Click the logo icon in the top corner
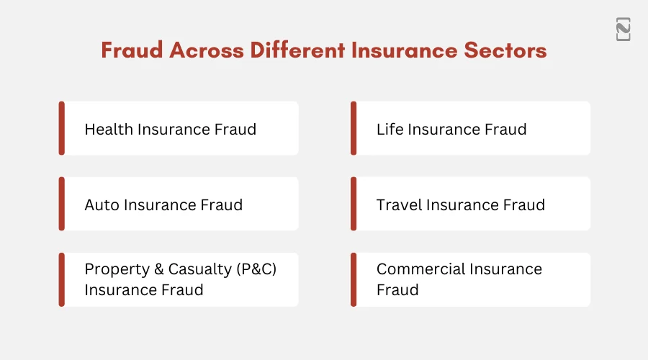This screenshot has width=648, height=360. click(624, 30)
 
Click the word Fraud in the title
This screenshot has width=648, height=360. click(127, 51)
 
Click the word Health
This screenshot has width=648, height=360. click(109, 130)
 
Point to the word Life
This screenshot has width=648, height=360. click(390, 130)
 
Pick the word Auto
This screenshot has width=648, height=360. click(102, 205)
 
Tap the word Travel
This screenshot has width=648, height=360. click(399, 205)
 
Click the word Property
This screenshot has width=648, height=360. click(115, 269)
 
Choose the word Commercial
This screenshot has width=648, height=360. click(420, 269)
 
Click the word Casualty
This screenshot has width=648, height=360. click(198, 269)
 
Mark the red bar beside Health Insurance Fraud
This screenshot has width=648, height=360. click(62, 128)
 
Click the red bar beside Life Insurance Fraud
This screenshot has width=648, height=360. click(354, 128)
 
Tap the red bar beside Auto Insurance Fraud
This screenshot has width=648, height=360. click(62, 204)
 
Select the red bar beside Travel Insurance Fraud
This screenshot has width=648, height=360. click(354, 204)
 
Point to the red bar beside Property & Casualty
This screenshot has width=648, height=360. click(62, 279)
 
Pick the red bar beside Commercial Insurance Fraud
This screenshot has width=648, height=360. click(354, 279)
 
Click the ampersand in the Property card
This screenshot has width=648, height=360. click(157, 269)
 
